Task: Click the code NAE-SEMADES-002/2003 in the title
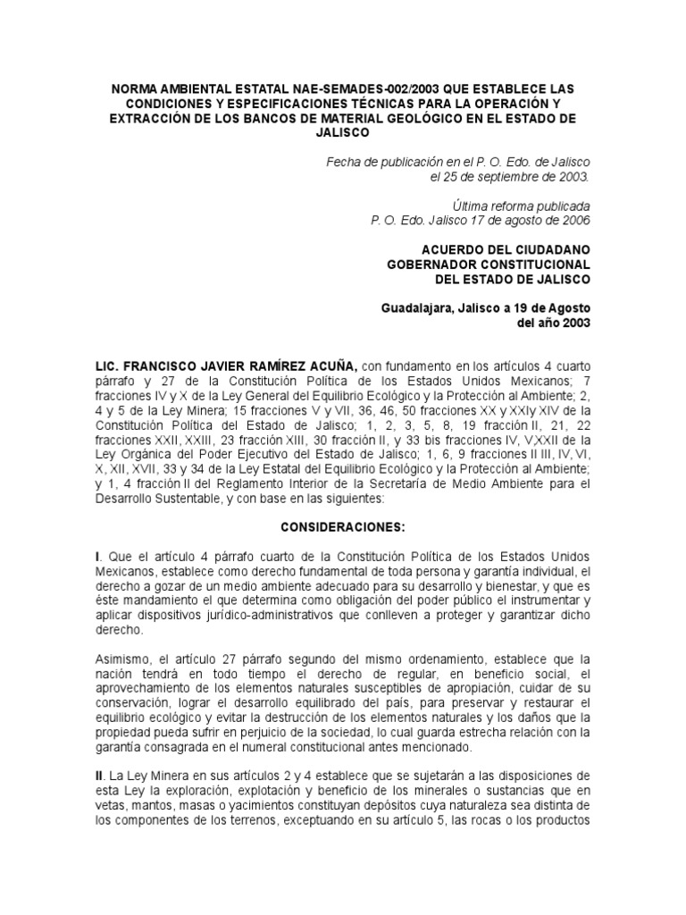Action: tap(305, 90)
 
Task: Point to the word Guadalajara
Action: tap(417, 308)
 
